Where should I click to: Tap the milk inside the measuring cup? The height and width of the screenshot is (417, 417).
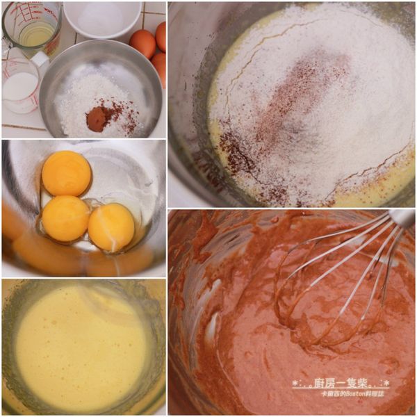click(x=19, y=88)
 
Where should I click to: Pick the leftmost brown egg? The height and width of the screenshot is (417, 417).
click(x=142, y=43)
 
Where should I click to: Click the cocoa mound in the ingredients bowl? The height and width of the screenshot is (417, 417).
click(x=97, y=119)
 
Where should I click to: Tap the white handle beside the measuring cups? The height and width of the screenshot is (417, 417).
click(x=40, y=59)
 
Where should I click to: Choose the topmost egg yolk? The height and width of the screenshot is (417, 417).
click(x=67, y=173)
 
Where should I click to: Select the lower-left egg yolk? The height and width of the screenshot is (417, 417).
click(x=65, y=218)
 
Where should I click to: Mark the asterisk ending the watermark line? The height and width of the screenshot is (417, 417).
click(x=386, y=383)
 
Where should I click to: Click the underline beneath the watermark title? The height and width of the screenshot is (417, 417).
click(x=341, y=389)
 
